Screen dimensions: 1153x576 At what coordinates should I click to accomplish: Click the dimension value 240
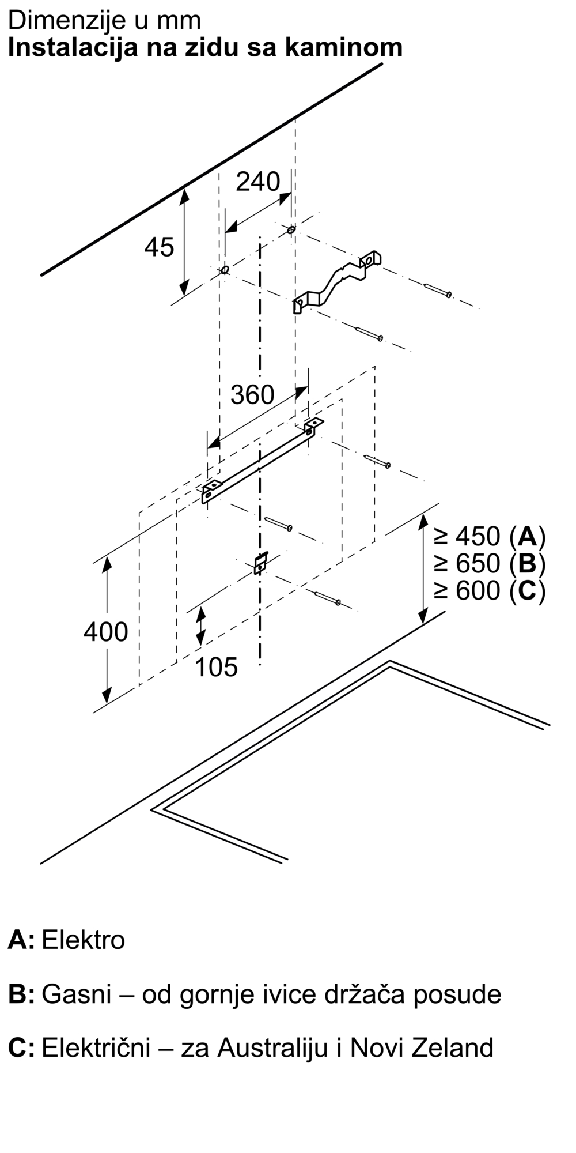pyautogui.click(x=257, y=182)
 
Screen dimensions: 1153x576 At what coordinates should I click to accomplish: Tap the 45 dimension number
pyautogui.click(x=159, y=247)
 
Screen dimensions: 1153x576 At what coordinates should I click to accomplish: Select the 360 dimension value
pyautogui.click(x=252, y=395)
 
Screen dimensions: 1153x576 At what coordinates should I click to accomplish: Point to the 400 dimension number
pyautogui.click(x=105, y=632)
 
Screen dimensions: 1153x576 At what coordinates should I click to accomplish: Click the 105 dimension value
pyautogui.click(x=216, y=667)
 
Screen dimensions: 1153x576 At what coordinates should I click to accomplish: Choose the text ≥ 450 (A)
pyautogui.click(x=490, y=537)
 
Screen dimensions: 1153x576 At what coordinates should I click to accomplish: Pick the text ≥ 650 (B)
pyautogui.click(x=490, y=563)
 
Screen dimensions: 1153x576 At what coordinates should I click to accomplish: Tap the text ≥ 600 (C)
pyautogui.click(x=490, y=590)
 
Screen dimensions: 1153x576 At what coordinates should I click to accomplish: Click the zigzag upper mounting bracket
pyautogui.click(x=337, y=281)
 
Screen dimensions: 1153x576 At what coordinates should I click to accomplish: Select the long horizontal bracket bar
pyautogui.click(x=262, y=461)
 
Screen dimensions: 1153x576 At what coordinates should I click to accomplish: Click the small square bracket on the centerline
pyautogui.click(x=261, y=562)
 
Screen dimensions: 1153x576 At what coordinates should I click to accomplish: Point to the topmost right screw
pyautogui.click(x=438, y=290)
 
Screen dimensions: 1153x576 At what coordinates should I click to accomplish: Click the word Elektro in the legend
pyautogui.click(x=84, y=940)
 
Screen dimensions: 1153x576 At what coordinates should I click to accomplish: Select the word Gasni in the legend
pyautogui.click(x=77, y=994)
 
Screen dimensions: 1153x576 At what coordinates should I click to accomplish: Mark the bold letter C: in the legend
pyautogui.click(x=21, y=1048)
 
